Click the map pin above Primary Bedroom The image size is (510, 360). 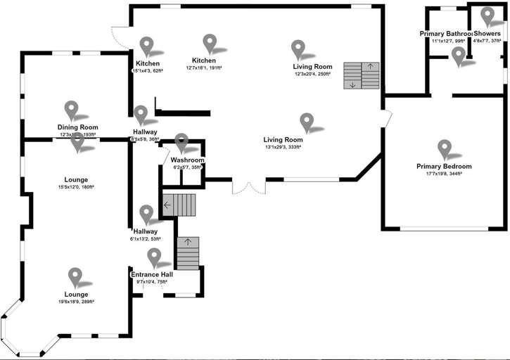click(x=444, y=149)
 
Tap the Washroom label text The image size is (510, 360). click(x=187, y=160)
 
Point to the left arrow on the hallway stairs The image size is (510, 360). click(x=167, y=205)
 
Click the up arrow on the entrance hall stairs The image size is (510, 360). click(x=188, y=243)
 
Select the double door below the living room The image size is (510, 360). click(x=250, y=187)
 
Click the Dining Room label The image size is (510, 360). click(x=77, y=127)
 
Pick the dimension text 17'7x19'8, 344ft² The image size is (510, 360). click(x=443, y=174)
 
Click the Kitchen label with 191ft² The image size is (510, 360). click(x=204, y=60)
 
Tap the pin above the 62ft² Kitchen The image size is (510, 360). click(x=146, y=46)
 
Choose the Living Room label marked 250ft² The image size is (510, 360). click(x=313, y=67)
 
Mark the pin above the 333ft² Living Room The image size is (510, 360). click(x=307, y=122)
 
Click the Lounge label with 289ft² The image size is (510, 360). click(x=77, y=294)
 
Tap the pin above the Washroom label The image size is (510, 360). click(x=182, y=143)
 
